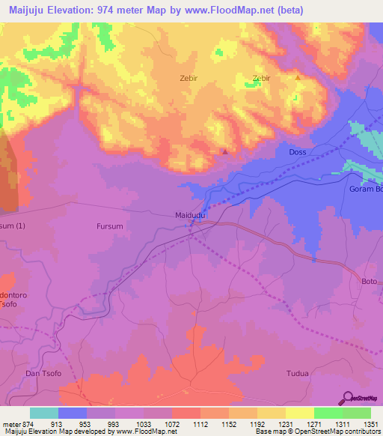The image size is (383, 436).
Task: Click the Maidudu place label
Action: (191, 214)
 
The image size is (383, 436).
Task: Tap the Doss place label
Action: (298, 152)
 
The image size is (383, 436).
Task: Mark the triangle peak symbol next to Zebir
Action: (298, 77)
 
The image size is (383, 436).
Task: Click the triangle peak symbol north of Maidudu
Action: (225, 152)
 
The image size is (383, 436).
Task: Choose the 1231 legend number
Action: (285, 423)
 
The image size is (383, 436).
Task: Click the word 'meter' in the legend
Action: (10, 423)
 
